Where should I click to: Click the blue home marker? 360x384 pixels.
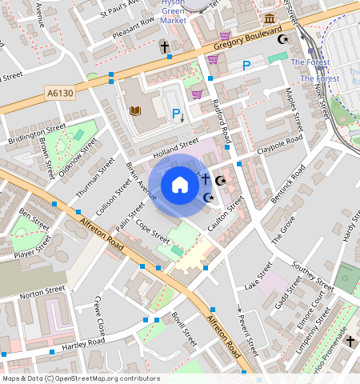pos(180,185)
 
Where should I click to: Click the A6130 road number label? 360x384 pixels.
pos(59,94)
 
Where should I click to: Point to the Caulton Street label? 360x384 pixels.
pos(226,211)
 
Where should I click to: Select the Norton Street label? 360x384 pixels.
pos(42,291)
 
